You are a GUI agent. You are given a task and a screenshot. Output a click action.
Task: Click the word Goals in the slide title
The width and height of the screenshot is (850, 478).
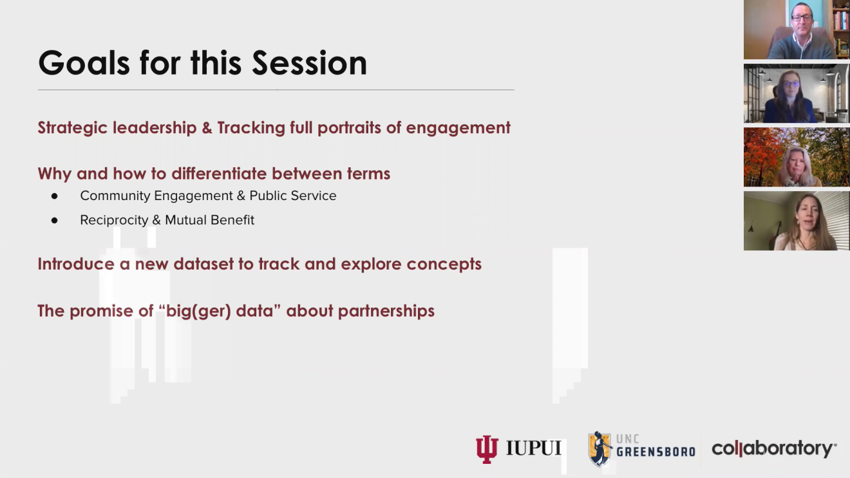84,62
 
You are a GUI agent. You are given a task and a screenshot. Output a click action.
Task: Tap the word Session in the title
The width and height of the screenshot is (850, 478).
309,62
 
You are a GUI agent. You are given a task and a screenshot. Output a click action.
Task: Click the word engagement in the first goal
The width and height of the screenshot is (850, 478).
458,128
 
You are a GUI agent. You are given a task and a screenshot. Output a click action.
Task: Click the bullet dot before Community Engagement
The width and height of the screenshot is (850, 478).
55,196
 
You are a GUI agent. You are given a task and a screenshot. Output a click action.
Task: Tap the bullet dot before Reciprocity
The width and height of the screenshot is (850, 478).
55,220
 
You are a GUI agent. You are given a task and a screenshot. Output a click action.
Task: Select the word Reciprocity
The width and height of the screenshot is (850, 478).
114,220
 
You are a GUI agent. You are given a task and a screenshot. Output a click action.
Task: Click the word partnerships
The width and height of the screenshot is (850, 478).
386,311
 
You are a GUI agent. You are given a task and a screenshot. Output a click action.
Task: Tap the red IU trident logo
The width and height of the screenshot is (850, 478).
487,449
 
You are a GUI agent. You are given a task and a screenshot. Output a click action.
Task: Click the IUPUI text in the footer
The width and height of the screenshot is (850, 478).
534,448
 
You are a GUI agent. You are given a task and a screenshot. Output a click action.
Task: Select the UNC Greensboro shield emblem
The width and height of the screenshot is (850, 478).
600,449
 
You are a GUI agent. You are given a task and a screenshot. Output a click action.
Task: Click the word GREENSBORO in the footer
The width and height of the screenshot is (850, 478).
656,452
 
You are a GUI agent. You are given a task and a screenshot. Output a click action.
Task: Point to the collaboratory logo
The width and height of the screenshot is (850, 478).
774,449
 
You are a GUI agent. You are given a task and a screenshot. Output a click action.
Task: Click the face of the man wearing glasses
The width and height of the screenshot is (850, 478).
802,19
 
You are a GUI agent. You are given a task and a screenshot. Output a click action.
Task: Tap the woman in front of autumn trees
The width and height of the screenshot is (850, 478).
796,167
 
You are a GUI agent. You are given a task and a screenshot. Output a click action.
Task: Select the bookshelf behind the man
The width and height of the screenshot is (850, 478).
841,28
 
